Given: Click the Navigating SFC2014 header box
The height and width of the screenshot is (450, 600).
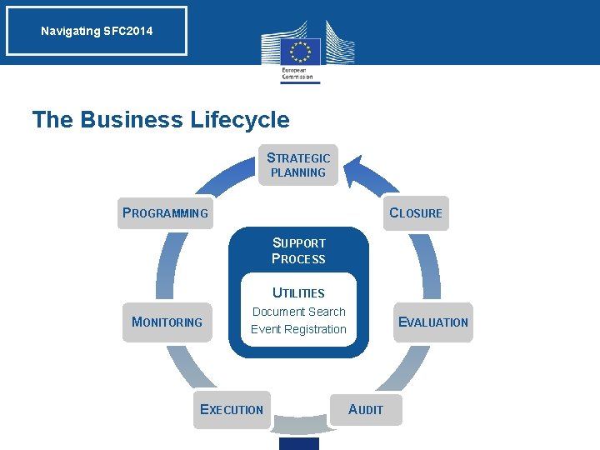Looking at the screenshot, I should [97, 32].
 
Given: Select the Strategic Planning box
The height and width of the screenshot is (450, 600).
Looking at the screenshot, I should [298, 165].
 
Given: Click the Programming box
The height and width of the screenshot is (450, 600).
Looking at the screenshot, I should [165, 212].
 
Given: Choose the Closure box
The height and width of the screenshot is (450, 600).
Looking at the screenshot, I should [416, 212].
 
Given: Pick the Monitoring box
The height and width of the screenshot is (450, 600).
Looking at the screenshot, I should [167, 322].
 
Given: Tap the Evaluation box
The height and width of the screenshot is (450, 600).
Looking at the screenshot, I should [433, 322].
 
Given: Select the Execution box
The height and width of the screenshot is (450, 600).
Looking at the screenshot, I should [232, 409].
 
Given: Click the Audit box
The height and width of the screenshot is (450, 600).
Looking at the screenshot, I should [365, 409].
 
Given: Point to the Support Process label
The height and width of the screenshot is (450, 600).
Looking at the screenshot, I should [298, 251].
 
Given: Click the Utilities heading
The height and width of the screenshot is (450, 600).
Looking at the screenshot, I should [298, 292].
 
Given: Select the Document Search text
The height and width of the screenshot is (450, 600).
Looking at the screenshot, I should [298, 312].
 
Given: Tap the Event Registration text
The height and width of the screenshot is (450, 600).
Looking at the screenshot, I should [298, 329].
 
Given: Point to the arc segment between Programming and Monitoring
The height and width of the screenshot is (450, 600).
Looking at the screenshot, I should [166, 267].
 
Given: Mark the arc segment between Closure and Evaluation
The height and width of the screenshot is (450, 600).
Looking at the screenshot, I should [432, 267].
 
